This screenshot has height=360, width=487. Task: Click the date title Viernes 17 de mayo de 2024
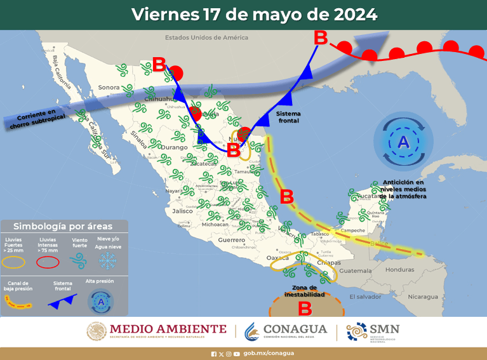[254, 14]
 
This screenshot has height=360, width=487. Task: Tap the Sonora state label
[109, 88]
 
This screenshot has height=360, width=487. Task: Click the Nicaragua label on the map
[422, 297]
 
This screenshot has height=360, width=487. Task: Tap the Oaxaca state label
[277, 257]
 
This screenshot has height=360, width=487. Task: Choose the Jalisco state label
[182, 211]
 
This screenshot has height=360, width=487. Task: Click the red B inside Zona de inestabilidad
[305, 309]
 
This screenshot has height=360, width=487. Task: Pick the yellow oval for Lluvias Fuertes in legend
[15, 261]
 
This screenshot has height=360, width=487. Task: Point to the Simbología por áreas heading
[63, 226]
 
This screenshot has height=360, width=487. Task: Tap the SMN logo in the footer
[373, 330]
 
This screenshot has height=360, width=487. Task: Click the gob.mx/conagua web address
[269, 354]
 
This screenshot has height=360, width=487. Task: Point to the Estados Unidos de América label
[206, 37]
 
